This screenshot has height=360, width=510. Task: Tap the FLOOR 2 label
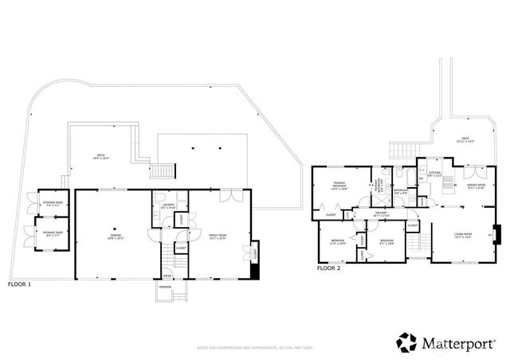point(329,269)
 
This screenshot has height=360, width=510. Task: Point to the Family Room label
point(216,237)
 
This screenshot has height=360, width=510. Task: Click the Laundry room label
point(167,207)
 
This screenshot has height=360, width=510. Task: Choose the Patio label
point(101,157)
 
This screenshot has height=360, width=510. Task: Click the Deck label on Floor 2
point(466,140)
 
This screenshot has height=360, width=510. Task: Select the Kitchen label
point(434,174)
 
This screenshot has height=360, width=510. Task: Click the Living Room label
point(463,235)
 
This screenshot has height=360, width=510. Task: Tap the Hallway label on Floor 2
point(381,214)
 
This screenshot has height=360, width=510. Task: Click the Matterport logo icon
point(407,342)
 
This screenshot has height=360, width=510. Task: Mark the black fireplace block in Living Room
point(496,235)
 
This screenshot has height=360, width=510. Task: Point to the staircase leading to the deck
point(402,149)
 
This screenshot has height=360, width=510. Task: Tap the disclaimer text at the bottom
point(255,348)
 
